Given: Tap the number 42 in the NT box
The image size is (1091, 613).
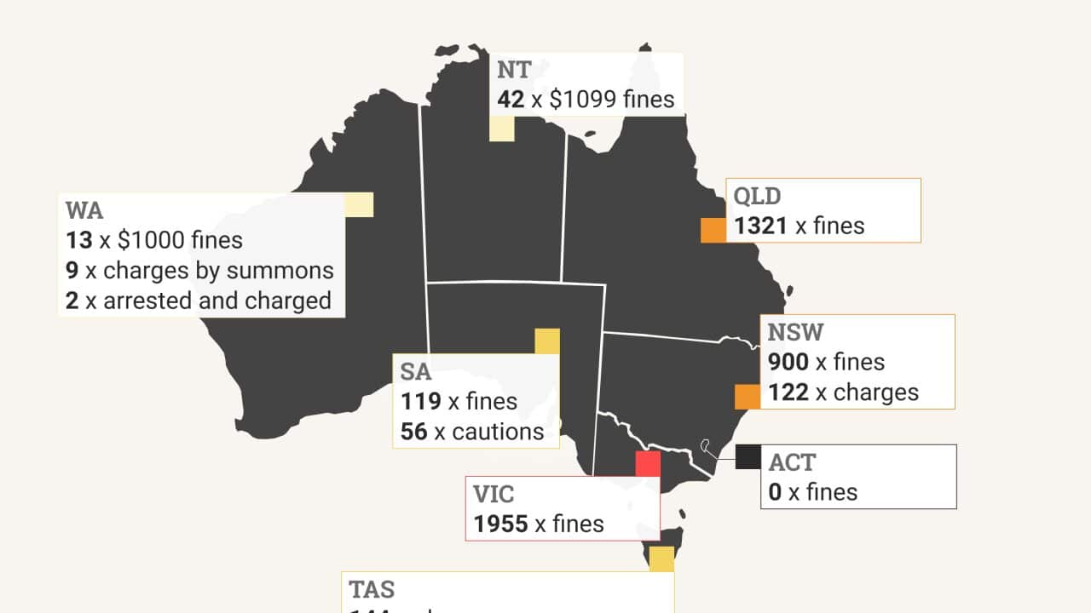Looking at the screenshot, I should click(x=511, y=99).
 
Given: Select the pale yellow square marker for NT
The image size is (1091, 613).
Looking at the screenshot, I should click(x=501, y=129).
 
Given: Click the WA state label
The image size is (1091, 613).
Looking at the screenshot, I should click(x=83, y=209).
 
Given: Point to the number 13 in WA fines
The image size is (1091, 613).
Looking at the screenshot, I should click(x=78, y=239).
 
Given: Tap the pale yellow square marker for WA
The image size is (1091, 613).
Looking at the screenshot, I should click(x=359, y=205).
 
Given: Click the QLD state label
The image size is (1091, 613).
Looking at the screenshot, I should click(x=757, y=196).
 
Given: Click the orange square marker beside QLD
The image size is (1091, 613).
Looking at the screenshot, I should click(x=713, y=230).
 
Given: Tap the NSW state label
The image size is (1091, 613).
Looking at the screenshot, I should click(x=795, y=331).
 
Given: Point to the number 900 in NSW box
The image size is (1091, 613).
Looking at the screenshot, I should click(x=788, y=362).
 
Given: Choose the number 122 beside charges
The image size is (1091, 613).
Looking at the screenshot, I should click(x=788, y=392).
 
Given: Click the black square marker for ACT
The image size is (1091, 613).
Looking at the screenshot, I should click(x=748, y=457).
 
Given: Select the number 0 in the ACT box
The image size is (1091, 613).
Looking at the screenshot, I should click(x=775, y=492).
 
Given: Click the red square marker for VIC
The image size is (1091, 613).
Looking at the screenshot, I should click(x=648, y=464).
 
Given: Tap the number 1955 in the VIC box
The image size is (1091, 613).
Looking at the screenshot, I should click(x=501, y=524).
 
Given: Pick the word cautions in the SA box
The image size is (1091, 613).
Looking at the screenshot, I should click(x=498, y=431).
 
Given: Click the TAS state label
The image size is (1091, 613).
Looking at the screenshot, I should click(x=372, y=589).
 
